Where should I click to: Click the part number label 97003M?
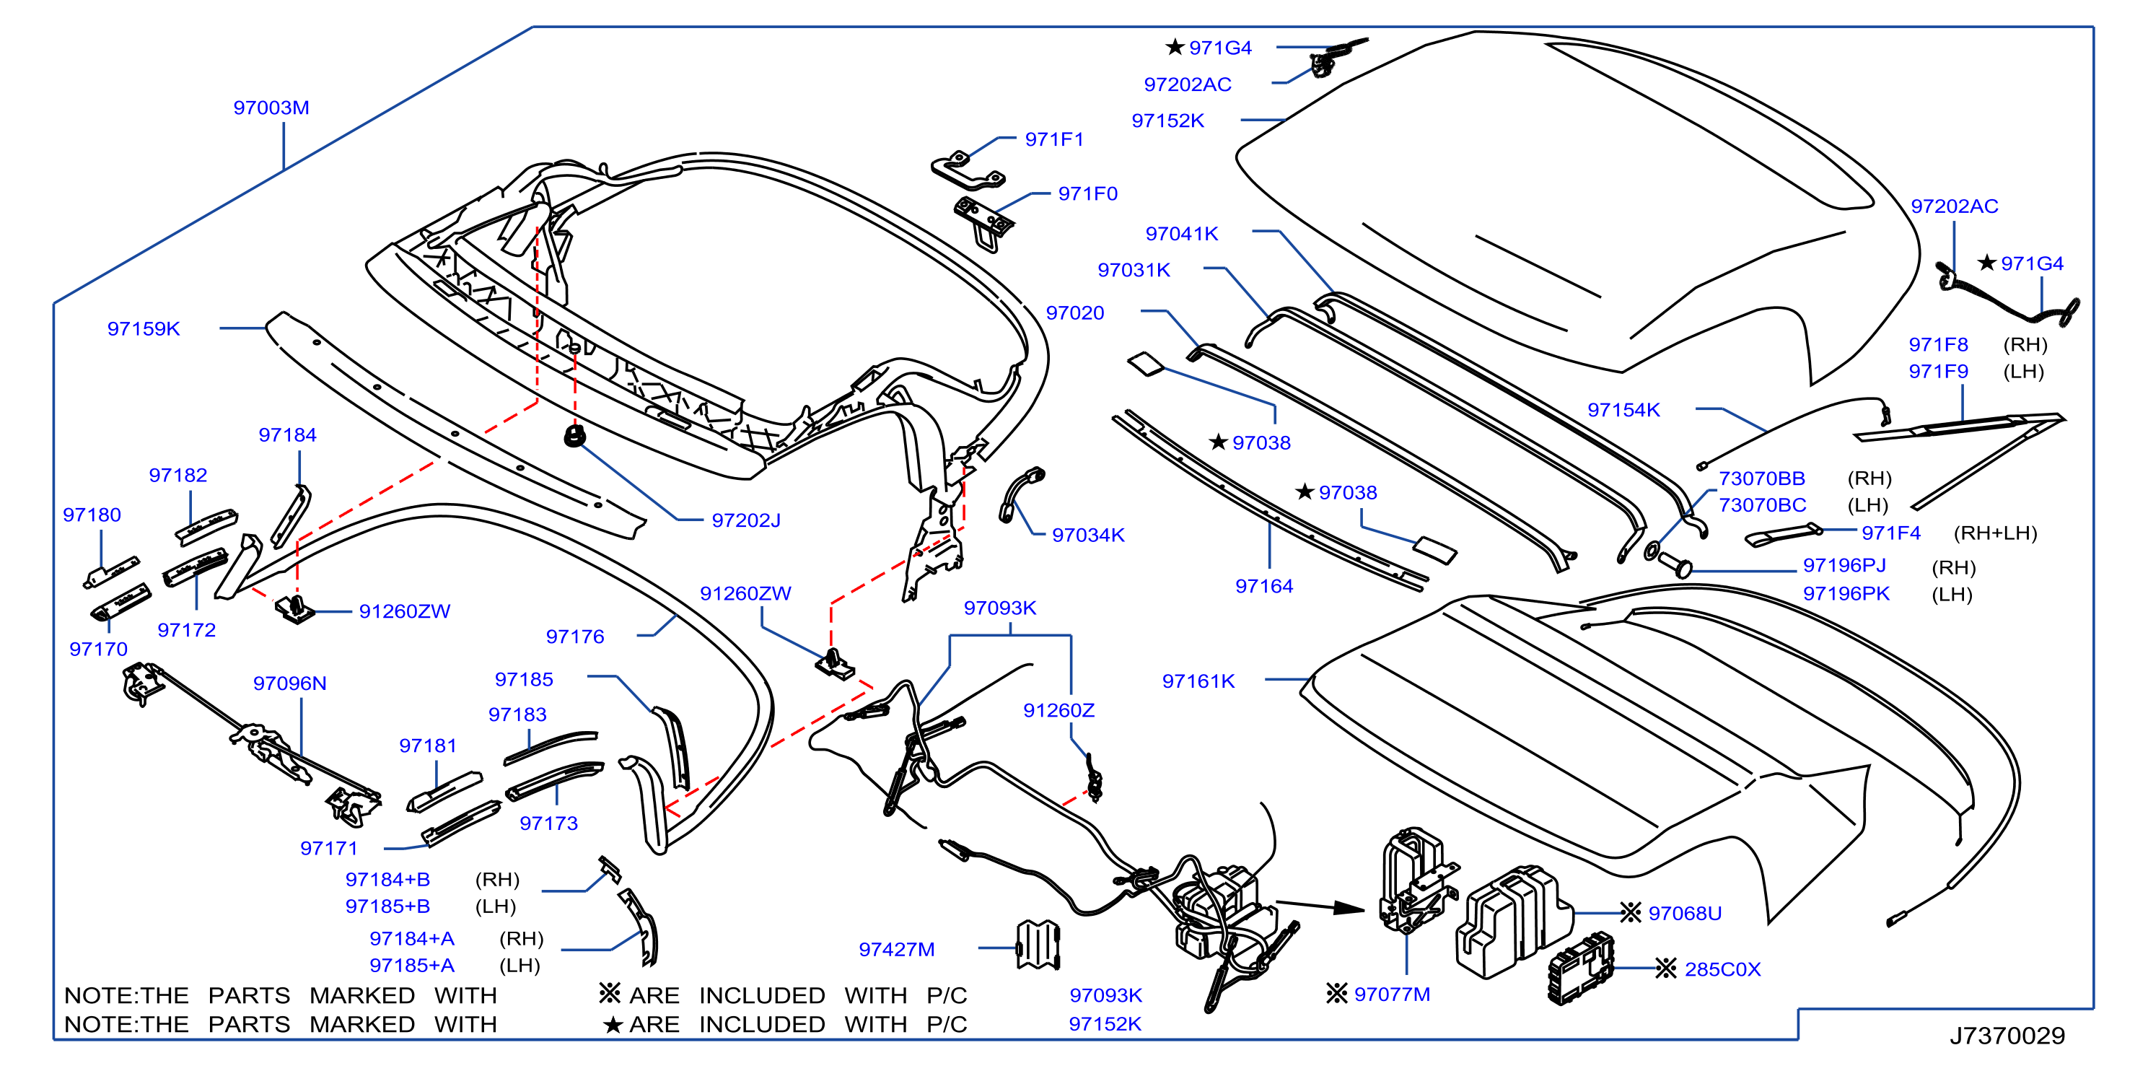coord(271,108)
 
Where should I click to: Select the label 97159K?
coord(144,328)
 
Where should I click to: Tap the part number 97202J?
coord(746,520)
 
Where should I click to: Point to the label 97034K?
coord(1088,535)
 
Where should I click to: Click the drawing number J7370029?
coord(2007,1035)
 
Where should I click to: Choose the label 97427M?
coord(896,949)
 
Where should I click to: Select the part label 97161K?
coord(1198,681)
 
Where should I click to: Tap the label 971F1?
coord(1054,139)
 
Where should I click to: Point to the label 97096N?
coord(289,683)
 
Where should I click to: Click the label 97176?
coord(574,637)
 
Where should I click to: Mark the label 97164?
coord(1264,587)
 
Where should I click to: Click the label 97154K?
coord(1623,409)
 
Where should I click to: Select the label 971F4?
coord(1891,533)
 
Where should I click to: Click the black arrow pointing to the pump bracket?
coord(1321,906)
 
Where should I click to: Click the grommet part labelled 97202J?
coord(574,435)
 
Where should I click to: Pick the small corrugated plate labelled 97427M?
coord(1038,945)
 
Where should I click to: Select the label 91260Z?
coord(1059,711)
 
